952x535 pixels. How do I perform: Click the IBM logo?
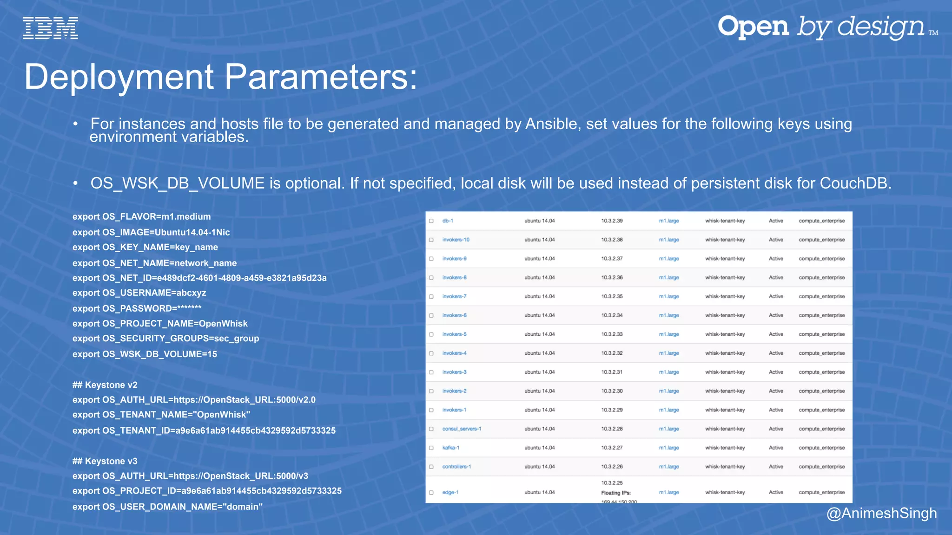[x=50, y=28]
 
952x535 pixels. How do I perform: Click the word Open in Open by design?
[x=753, y=27]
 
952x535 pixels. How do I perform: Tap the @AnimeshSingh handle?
[x=881, y=513]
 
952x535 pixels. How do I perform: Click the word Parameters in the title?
[x=321, y=77]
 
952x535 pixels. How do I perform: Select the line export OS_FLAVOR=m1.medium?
[x=141, y=217]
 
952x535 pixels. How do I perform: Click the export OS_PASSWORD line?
[x=137, y=308]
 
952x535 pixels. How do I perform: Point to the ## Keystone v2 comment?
[x=105, y=385]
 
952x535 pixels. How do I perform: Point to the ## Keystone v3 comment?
[x=105, y=461]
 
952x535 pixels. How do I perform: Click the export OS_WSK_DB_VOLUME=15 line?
[x=145, y=354]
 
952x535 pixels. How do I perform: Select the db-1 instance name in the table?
[x=447, y=221]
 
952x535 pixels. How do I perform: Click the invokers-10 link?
[x=456, y=240]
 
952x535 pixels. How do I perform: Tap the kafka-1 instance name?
[x=450, y=448]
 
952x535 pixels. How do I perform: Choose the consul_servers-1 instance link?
[x=462, y=429]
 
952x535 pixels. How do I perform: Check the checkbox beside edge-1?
[x=431, y=493]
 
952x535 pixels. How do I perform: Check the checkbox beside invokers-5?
[x=431, y=334]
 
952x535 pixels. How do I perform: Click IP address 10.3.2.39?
[x=612, y=221]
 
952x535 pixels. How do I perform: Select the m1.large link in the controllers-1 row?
[x=668, y=467]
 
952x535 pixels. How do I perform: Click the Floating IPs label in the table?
[x=615, y=493]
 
